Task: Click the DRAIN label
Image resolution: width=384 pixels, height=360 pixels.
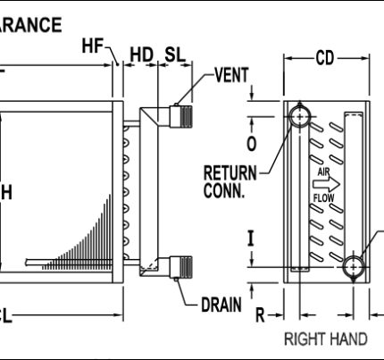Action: [221, 305]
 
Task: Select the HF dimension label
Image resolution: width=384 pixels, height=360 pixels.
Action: [94, 46]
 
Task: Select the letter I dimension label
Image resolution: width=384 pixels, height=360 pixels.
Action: [251, 238]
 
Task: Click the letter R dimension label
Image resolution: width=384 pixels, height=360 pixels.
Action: [260, 314]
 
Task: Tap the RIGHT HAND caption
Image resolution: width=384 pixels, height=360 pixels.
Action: [325, 339]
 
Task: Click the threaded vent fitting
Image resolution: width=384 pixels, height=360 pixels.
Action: [186, 115]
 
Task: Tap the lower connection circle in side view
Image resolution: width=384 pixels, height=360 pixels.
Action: [355, 266]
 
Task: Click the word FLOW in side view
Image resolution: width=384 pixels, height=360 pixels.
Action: [323, 197]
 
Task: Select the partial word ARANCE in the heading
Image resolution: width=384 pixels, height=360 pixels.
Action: [31, 24]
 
